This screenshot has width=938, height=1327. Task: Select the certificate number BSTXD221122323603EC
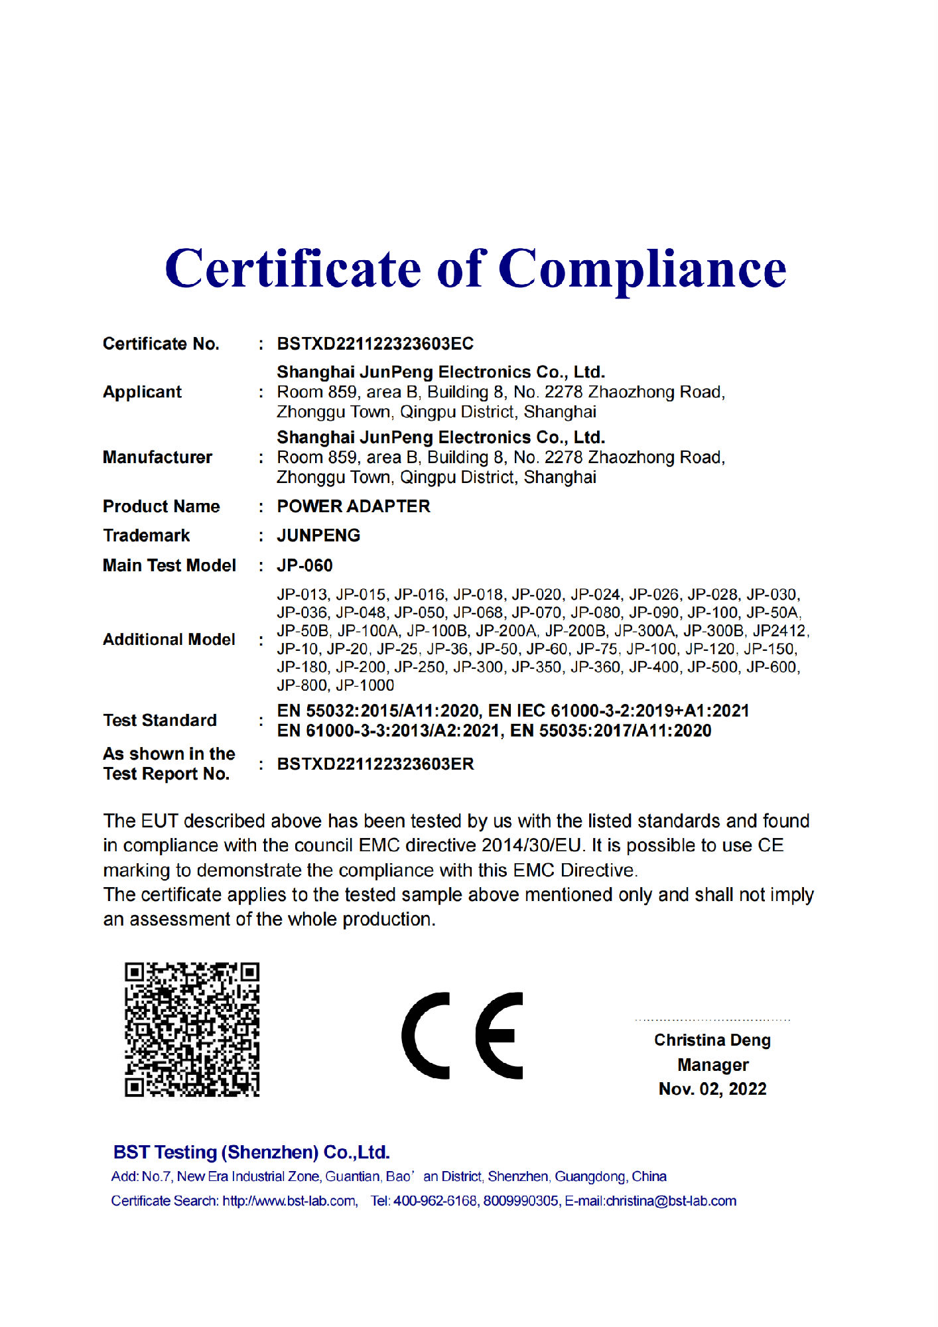(375, 344)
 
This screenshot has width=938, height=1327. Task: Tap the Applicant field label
(142, 392)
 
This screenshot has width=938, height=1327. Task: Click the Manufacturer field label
(157, 457)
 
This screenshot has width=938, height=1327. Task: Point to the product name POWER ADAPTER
(353, 506)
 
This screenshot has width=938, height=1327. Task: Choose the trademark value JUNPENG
(318, 535)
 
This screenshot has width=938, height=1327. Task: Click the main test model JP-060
(304, 565)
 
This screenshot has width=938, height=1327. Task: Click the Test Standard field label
(160, 721)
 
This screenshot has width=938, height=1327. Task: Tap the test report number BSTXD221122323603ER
(375, 764)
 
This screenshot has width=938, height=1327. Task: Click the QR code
(192, 1029)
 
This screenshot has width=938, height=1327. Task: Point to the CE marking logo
(462, 1036)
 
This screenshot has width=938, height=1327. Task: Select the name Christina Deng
(712, 1040)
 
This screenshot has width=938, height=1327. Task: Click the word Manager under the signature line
(712, 1065)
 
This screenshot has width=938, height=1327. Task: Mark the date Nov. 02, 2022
(712, 1089)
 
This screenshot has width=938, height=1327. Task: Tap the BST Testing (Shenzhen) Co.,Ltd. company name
(251, 1152)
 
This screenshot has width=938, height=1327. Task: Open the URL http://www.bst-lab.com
(289, 1201)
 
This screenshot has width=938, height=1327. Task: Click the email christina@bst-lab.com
(671, 1201)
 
